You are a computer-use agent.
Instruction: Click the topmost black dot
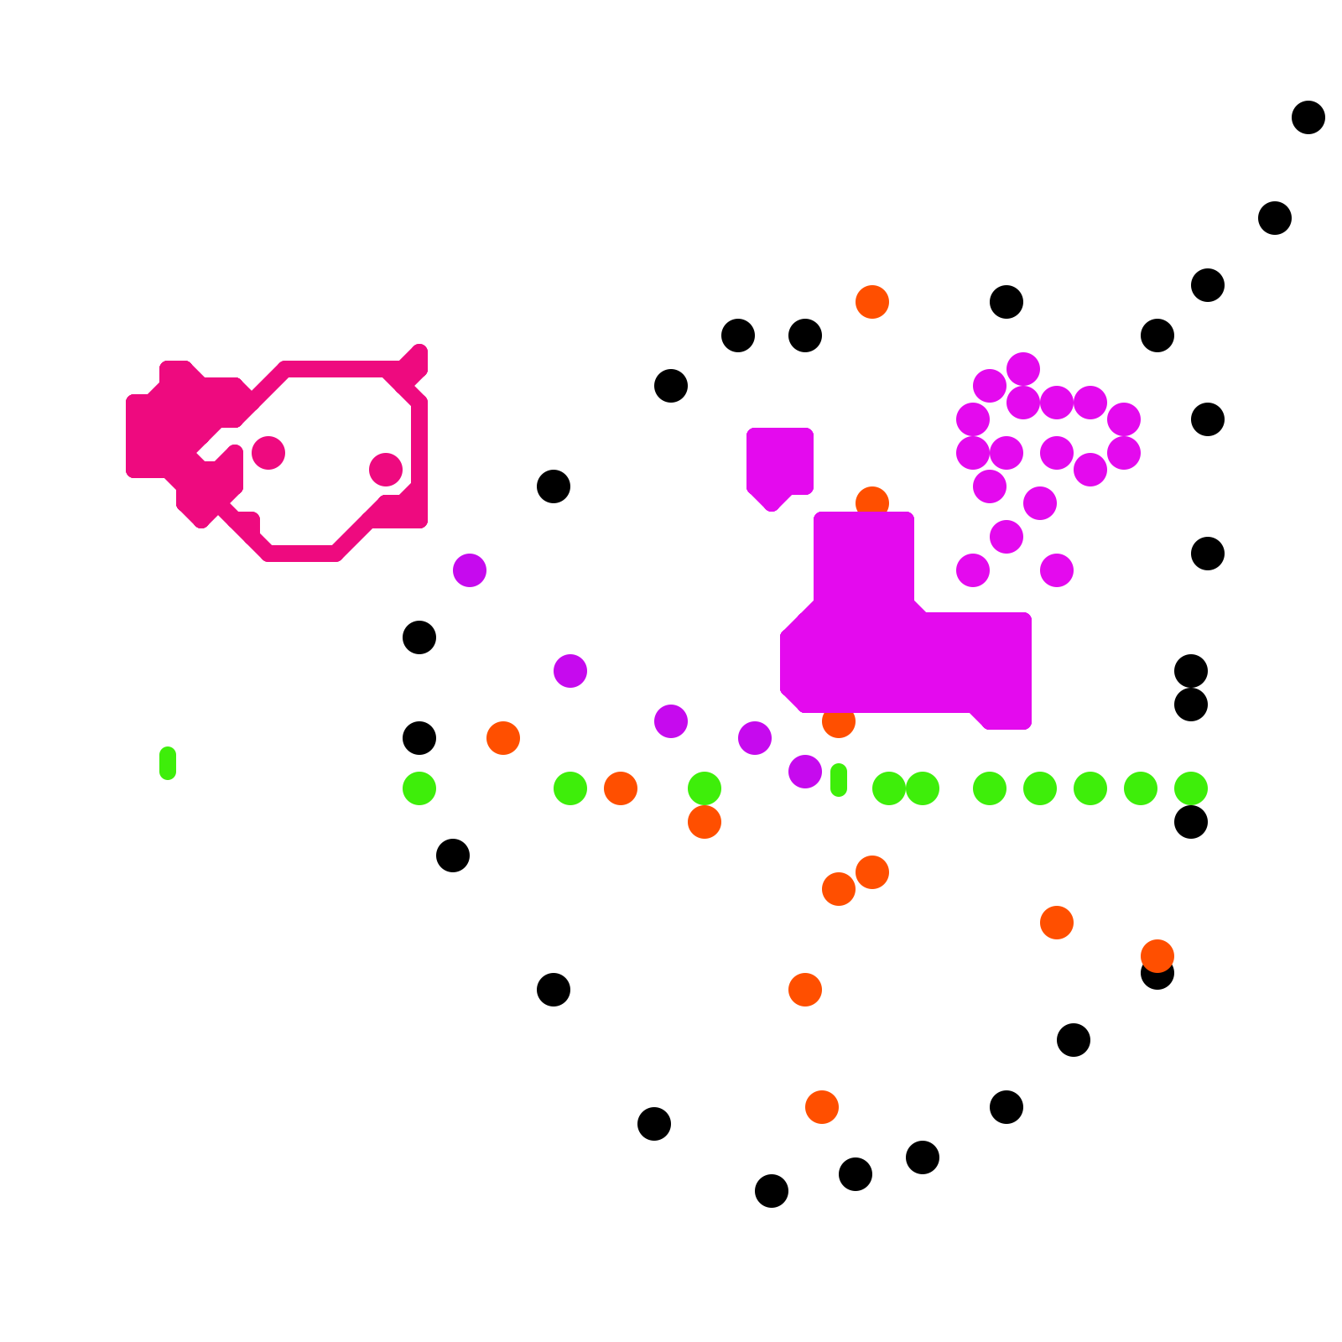[1308, 117]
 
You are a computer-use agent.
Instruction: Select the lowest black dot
[772, 1191]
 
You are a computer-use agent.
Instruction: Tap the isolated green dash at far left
[168, 763]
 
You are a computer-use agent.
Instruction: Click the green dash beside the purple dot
[839, 780]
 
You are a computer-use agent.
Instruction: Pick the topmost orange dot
[872, 302]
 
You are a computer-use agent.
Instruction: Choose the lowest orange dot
[822, 1107]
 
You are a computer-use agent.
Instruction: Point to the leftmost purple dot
[470, 570]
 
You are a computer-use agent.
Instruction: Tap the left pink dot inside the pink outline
[268, 453]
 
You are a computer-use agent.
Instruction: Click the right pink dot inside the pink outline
[386, 470]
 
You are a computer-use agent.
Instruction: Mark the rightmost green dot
[1191, 788]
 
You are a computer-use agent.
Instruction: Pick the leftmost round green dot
[419, 788]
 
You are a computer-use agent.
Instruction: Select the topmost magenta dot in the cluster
[1023, 369]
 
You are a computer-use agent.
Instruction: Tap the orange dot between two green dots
[621, 788]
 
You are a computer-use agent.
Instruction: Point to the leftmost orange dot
[503, 738]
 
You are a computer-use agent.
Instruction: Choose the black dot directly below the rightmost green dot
[1191, 822]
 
